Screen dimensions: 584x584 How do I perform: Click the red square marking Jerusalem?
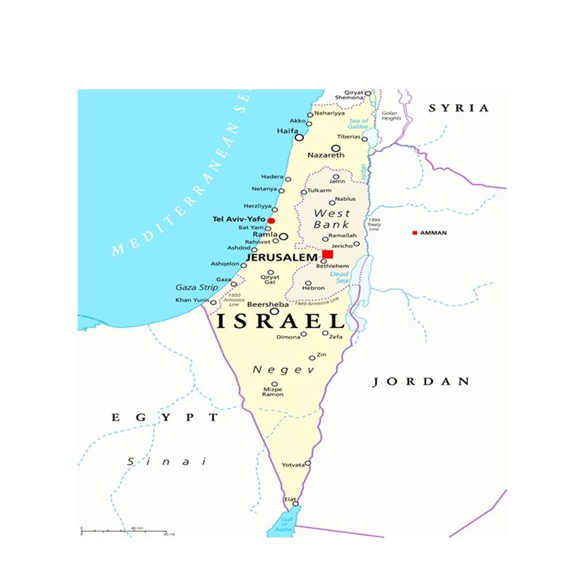tap(328, 254)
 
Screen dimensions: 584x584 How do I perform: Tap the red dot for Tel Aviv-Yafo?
tap(271, 221)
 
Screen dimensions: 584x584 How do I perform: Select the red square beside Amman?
tap(415, 233)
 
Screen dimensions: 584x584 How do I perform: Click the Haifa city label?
tap(287, 131)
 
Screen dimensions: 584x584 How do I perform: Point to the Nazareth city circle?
tap(336, 149)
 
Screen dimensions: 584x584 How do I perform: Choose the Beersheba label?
tap(268, 305)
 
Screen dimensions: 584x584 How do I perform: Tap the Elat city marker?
tap(295, 503)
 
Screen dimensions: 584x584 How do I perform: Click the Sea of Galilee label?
tap(358, 124)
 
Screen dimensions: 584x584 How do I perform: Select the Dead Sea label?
tap(340, 277)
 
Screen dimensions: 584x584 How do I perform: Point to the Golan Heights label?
tap(391, 116)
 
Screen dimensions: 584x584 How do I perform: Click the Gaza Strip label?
tap(196, 287)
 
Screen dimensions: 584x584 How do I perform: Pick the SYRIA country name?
tap(458, 108)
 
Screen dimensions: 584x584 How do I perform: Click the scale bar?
tap(124, 531)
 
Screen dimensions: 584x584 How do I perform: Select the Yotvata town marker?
tap(308, 463)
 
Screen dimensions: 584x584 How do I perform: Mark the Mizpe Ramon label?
tap(273, 392)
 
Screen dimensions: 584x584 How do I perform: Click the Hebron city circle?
tap(308, 283)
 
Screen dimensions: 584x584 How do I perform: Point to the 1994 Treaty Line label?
tap(374, 224)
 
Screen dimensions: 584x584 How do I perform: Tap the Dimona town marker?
tap(304, 334)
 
